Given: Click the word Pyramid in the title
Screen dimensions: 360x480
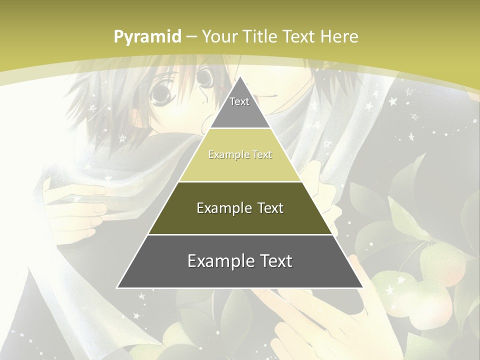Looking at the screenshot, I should pyautogui.click(x=147, y=37).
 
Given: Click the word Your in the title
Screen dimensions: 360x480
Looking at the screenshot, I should pyautogui.click(x=219, y=36).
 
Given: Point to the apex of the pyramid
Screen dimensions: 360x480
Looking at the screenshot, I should pyautogui.click(x=240, y=77).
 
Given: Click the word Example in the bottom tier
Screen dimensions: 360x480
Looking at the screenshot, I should pyautogui.click(x=218, y=261).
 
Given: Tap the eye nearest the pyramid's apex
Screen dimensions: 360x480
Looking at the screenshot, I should pyautogui.click(x=204, y=77).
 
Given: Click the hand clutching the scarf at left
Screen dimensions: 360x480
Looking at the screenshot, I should pyautogui.click(x=80, y=205).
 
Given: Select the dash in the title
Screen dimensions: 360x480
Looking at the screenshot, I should pyautogui.click(x=192, y=37).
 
